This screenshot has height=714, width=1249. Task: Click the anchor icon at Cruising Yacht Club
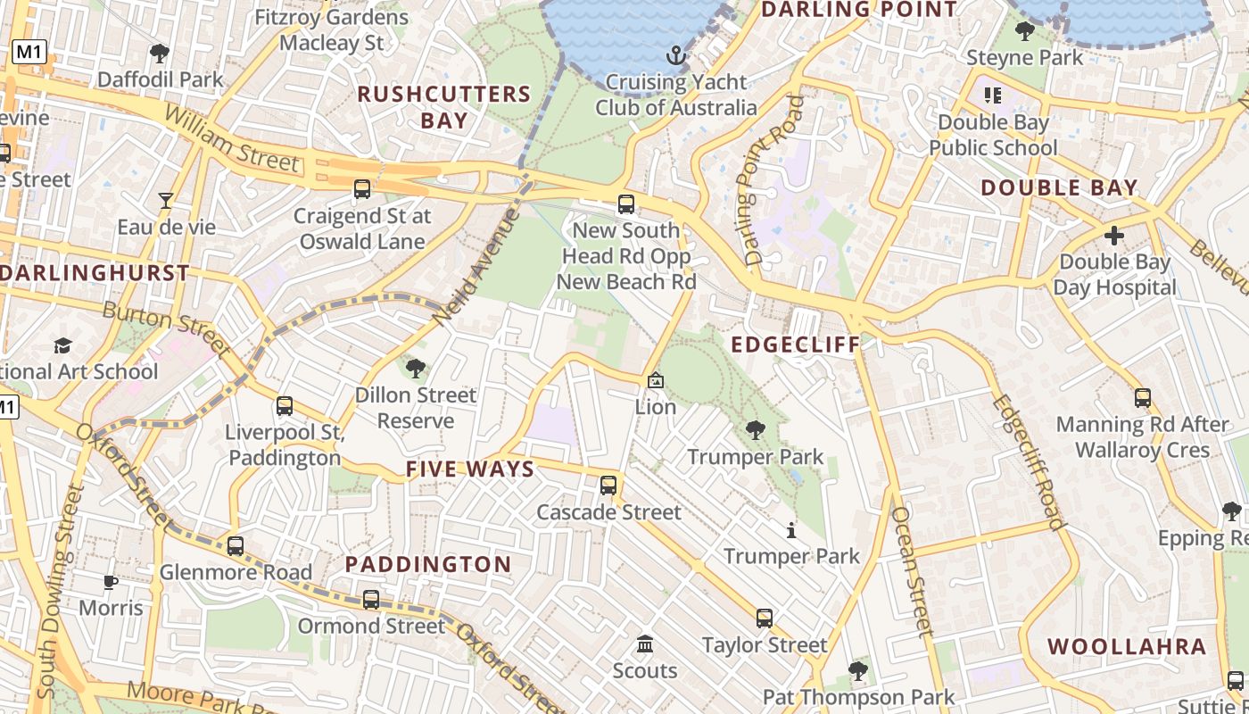(x=676, y=55)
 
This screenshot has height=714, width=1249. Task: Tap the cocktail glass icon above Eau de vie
(x=166, y=200)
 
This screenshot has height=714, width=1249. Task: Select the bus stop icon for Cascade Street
(x=608, y=486)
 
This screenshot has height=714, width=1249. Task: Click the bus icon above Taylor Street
(x=765, y=618)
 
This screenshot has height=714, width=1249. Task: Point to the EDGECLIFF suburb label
(x=796, y=345)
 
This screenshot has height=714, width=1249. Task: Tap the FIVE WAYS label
(x=470, y=469)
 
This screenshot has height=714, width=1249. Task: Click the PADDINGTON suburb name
(x=428, y=564)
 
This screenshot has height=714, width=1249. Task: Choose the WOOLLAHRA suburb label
(x=1127, y=646)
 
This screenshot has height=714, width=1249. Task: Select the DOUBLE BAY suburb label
(x=1060, y=187)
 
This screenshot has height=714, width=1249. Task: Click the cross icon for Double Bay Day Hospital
(x=1114, y=236)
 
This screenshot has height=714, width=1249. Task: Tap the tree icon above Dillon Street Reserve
(x=416, y=368)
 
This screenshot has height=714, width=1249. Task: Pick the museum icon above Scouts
(x=645, y=644)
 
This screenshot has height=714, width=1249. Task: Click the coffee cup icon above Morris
(x=111, y=582)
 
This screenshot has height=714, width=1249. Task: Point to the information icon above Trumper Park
(x=791, y=530)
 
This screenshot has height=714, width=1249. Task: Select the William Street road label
(x=231, y=139)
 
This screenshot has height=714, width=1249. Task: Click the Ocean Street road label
(x=912, y=571)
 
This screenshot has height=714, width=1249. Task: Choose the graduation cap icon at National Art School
(x=62, y=345)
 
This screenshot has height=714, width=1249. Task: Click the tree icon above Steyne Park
(x=1025, y=31)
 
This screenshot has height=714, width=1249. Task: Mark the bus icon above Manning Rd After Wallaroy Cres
(x=1143, y=398)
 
